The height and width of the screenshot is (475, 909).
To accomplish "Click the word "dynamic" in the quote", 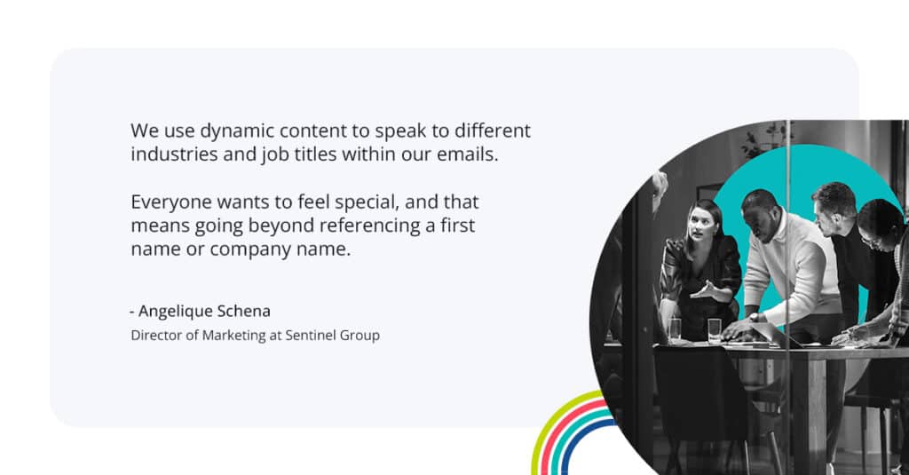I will point(233,131).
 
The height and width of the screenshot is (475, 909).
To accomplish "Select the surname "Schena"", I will point(244,311).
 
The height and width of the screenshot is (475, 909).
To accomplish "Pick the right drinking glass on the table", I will point(715,330).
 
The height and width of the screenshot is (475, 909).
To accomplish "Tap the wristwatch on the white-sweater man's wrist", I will point(754,316).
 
